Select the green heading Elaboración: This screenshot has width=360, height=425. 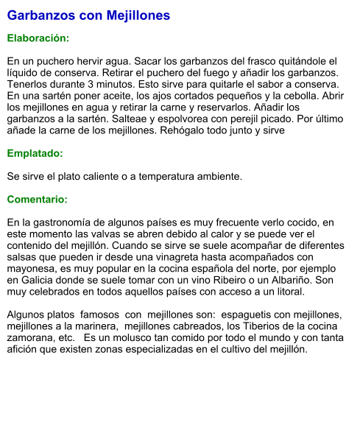pos(38,38)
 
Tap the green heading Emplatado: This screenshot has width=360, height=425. pos(35,154)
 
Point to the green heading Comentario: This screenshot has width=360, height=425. pos(37,200)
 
